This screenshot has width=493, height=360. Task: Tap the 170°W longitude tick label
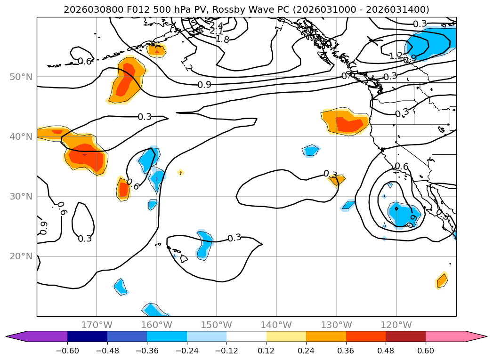pos(97,325)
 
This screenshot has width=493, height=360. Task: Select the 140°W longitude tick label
pos(276,325)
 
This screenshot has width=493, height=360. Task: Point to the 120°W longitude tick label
pos(396,325)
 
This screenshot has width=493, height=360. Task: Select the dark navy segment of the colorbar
pos(87,336)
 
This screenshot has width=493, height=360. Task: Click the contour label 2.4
pos(216,25)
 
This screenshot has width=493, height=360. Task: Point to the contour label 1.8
pos(222,40)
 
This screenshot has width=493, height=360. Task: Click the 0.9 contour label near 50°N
pos(204,85)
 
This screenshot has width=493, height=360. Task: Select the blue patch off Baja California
pos(403,214)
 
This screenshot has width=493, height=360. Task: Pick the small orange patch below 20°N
pos(441,280)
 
